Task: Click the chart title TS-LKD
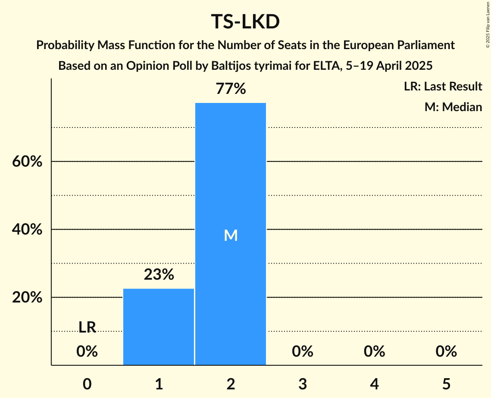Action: pyautogui.click(x=245, y=22)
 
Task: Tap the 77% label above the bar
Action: pyautogui.click(x=231, y=89)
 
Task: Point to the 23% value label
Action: pyautogui.click(x=159, y=274)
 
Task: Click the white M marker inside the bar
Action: pyautogui.click(x=231, y=235)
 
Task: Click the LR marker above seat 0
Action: pyautogui.click(x=87, y=327)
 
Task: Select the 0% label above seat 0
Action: pyautogui.click(x=87, y=351)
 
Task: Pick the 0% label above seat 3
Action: pyautogui.click(x=302, y=351)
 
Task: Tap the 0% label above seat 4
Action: pyautogui.click(x=374, y=351)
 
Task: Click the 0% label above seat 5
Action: pyautogui.click(x=446, y=351)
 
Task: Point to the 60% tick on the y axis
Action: pyautogui.click(x=27, y=162)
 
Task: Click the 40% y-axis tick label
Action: pyautogui.click(x=27, y=230)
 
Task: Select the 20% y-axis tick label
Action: pyautogui.click(x=27, y=298)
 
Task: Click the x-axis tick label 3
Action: pyautogui.click(x=302, y=383)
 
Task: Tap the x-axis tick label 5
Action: pyautogui.click(x=446, y=383)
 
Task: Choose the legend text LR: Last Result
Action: pyautogui.click(x=443, y=87)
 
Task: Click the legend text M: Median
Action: pyautogui.click(x=453, y=107)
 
